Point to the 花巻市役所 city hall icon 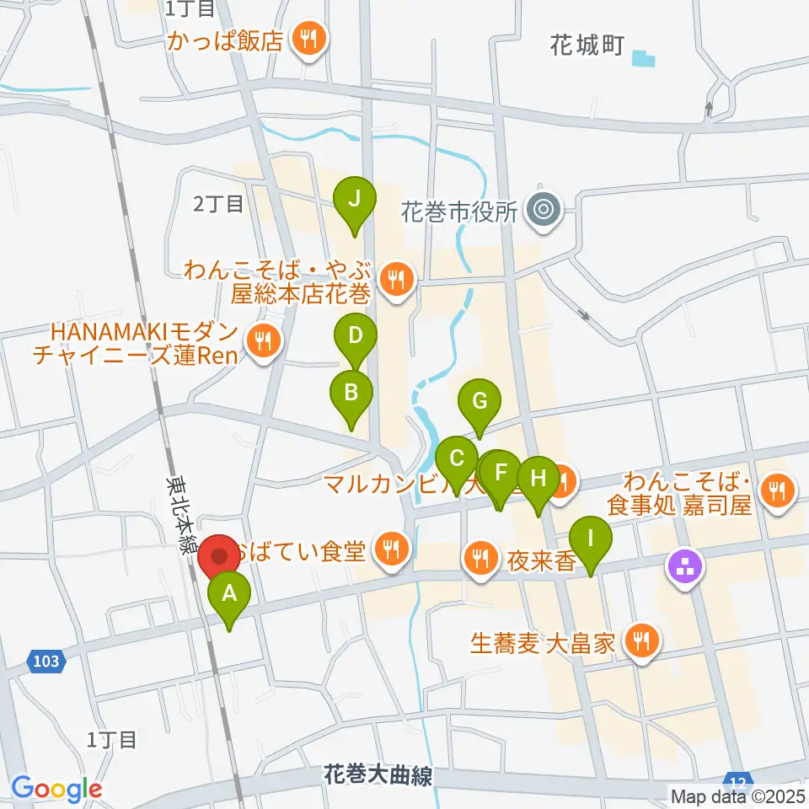543,209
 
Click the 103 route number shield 47,661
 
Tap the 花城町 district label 587,45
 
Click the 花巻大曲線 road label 378,774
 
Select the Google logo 57,790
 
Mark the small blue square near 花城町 644,60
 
